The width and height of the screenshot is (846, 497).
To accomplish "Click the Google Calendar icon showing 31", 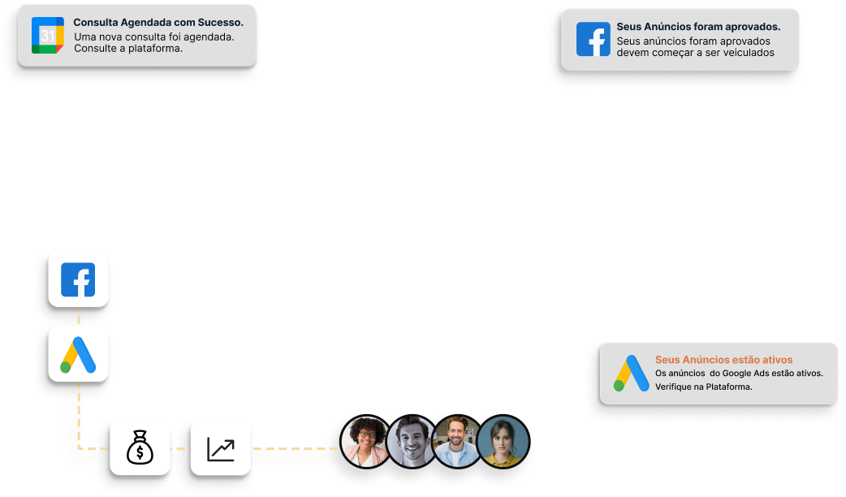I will click(x=48, y=35).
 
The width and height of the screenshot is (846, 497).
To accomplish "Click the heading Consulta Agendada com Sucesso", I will click(x=158, y=23).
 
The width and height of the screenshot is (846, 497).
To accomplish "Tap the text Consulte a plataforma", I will click(x=128, y=49).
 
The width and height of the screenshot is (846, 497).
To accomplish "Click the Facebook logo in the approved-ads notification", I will click(x=593, y=39).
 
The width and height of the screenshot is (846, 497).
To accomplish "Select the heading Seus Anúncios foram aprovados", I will click(x=698, y=27).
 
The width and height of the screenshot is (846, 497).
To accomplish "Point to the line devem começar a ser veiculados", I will click(x=695, y=53).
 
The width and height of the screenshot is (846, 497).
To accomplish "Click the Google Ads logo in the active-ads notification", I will click(x=631, y=374).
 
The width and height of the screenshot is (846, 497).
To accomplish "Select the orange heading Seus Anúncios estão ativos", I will click(x=723, y=359).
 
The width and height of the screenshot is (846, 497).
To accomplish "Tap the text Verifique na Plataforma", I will click(x=703, y=387).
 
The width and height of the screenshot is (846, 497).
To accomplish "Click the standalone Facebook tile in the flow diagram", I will click(x=78, y=279).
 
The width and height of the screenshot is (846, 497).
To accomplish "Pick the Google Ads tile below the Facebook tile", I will click(x=78, y=354).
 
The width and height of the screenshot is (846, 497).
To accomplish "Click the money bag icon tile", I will click(x=140, y=447).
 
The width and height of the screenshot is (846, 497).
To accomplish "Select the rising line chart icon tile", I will click(x=221, y=447).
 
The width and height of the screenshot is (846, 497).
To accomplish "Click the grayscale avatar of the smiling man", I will click(x=411, y=443).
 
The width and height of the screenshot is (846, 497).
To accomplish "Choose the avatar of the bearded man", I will click(x=457, y=443).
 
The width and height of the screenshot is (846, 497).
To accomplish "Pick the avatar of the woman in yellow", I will click(x=503, y=443).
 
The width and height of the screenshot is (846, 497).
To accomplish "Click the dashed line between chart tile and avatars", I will click(x=296, y=448).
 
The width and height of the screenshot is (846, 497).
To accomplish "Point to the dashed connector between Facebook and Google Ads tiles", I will click(x=79, y=317).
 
